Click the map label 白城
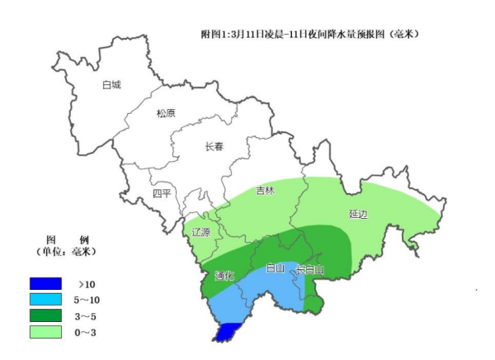tap(111, 85)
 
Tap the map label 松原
tap(166, 114)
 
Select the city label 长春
tap(214, 146)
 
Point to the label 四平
tap(162, 193)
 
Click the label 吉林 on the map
tap(265, 191)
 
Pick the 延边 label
tap(358, 214)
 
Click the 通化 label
tap(224, 276)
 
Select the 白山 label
tap(275, 269)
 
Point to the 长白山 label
tap(310, 269)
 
